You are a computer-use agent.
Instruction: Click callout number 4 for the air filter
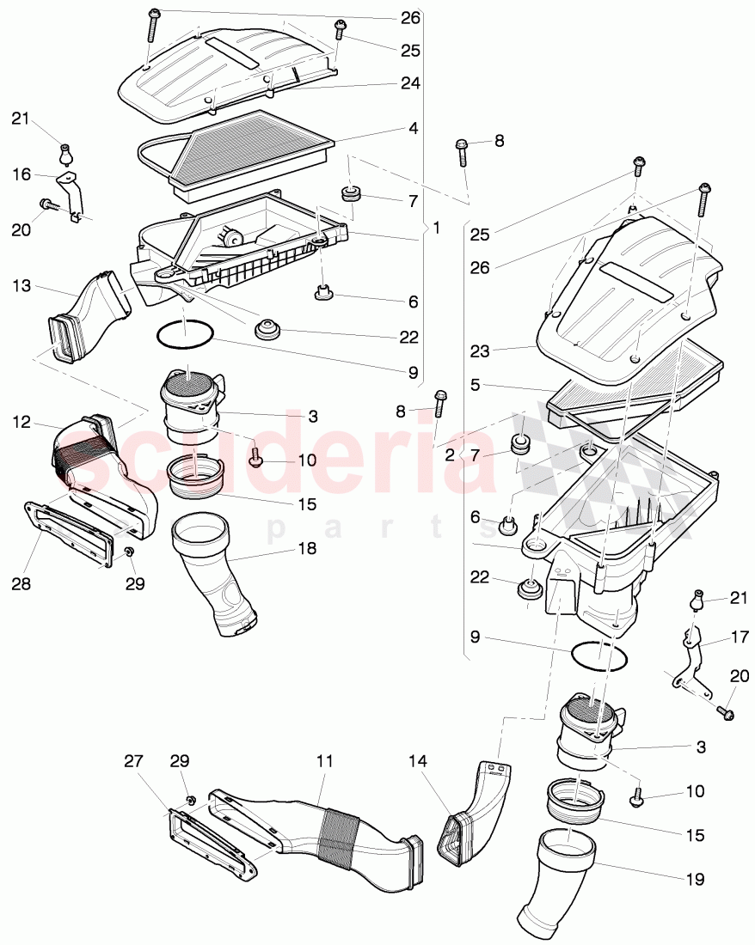[x=414, y=129]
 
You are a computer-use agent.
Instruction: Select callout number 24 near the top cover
[x=410, y=83]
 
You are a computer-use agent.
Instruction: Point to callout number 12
[x=21, y=422]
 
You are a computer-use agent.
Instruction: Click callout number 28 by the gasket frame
[x=21, y=583]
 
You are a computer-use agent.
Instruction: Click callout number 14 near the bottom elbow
[x=417, y=761]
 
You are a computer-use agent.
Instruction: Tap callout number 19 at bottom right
[x=695, y=879]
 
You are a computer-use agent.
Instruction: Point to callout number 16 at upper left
[x=21, y=174]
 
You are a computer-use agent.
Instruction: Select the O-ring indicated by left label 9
[x=186, y=334]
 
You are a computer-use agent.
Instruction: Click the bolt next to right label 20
[x=725, y=712]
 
